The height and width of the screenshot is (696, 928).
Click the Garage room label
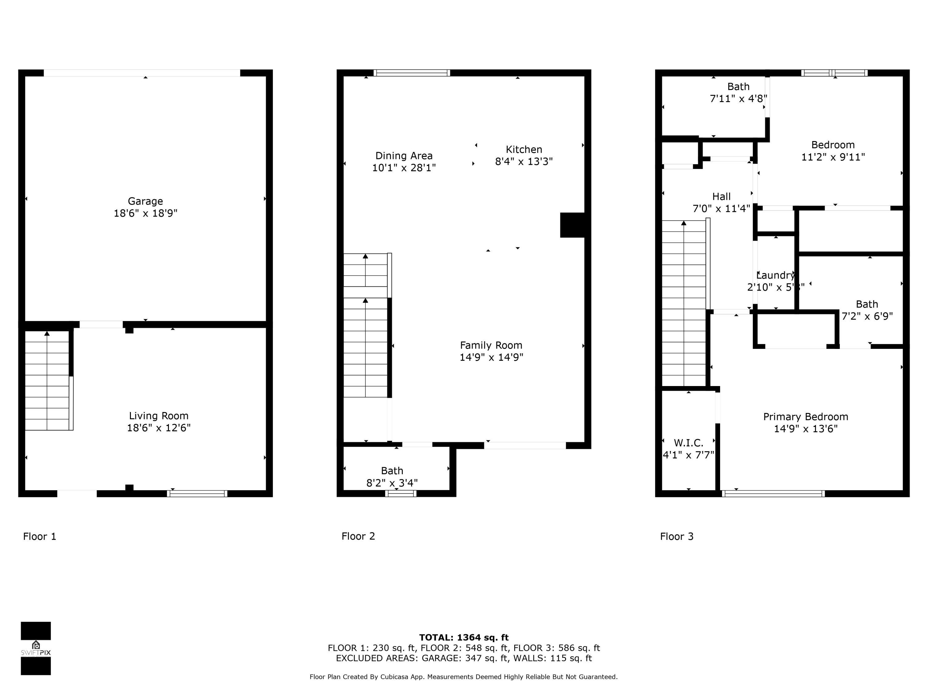(145, 201)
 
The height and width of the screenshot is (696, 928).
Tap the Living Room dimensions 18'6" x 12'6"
(159, 428)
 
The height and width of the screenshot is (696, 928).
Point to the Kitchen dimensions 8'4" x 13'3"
(524, 161)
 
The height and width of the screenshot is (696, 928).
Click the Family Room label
(491, 345)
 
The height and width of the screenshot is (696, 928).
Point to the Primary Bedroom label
(805, 417)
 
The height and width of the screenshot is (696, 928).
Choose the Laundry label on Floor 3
(775, 275)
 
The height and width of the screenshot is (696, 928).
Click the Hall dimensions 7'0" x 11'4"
(721, 208)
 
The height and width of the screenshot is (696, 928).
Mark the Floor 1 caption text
(39, 536)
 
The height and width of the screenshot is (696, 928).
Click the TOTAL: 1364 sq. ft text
(464, 638)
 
